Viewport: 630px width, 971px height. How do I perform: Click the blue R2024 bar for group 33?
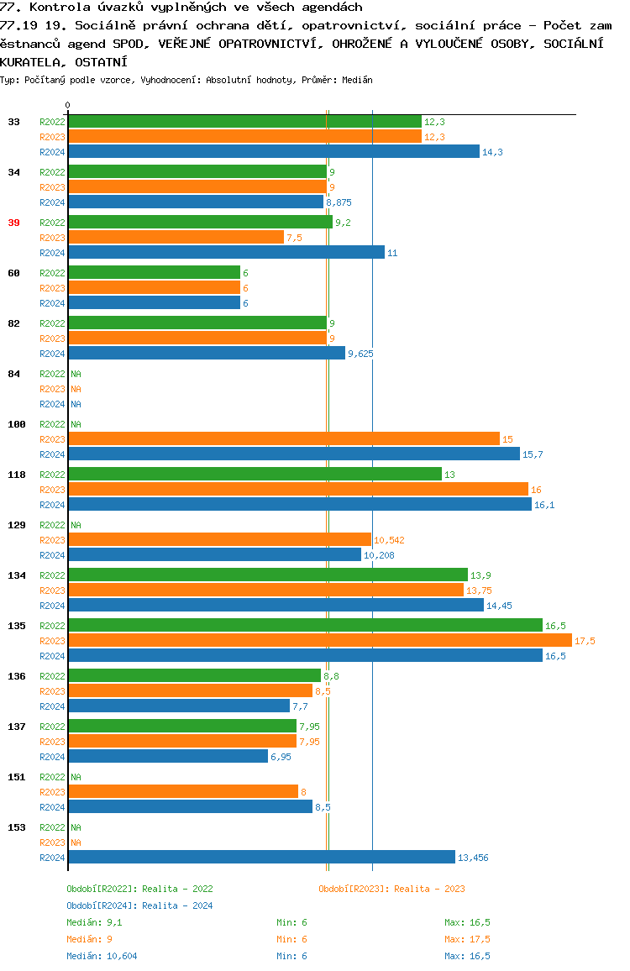273,152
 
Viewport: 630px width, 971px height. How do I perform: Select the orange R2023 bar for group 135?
319,641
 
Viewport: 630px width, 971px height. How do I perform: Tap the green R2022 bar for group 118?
255,475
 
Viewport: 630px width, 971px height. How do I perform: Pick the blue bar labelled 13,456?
261,858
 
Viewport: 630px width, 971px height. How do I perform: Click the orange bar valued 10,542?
219,540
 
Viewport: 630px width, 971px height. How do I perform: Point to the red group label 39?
13,223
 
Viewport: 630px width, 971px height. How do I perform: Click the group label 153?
16,827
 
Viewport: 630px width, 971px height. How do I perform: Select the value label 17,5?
585,641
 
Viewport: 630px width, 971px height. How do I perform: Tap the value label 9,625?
360,354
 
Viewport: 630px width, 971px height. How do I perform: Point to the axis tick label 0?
68,105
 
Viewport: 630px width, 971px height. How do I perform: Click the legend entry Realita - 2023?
391,889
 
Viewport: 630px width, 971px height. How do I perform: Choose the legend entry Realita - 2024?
139,905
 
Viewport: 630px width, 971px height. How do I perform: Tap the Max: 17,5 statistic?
467,939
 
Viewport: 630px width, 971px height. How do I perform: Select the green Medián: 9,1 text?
95,922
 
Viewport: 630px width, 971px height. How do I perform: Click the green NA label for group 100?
76,424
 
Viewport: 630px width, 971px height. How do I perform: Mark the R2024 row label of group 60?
52,303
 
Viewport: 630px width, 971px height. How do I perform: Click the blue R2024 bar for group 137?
168,757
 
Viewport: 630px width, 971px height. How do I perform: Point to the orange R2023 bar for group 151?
183,792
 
